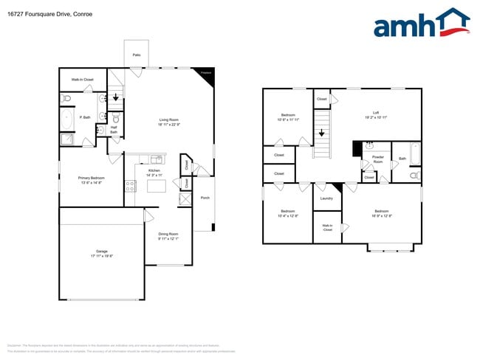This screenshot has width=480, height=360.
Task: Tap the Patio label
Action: point(137,55)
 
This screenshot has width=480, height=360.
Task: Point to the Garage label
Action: point(101,254)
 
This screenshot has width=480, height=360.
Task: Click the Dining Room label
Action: point(168,236)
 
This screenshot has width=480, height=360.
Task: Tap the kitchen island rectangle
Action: point(156,186)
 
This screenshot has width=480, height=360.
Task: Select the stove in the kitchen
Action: point(129,186)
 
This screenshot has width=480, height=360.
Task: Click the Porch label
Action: point(205,198)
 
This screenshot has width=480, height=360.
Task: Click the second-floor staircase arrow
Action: point(322,134)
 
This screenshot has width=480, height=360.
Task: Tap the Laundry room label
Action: point(326,198)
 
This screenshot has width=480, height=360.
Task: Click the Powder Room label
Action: point(377,159)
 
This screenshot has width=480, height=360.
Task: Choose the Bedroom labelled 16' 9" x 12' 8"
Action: point(382,213)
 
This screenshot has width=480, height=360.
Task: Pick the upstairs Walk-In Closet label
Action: point(327,227)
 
